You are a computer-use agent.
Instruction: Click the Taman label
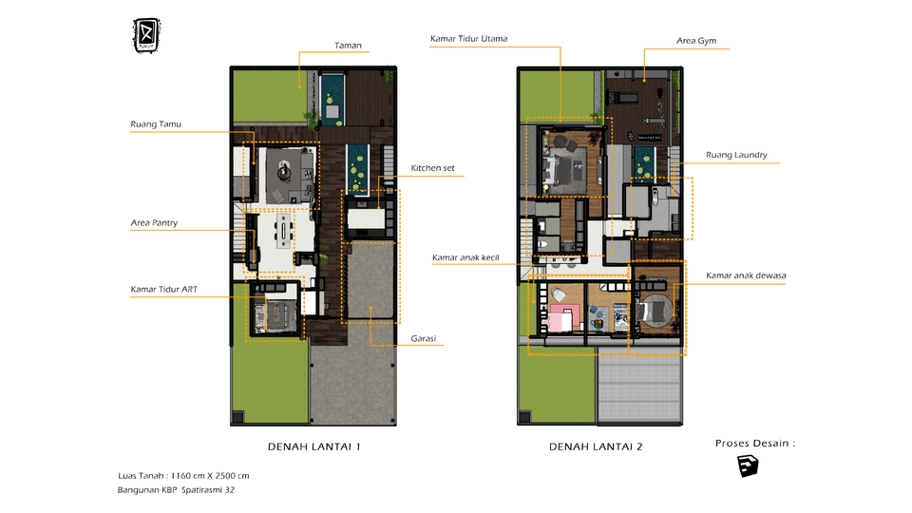[348, 45]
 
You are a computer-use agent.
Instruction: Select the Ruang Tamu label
[156, 124]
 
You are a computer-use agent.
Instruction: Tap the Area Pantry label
[154, 223]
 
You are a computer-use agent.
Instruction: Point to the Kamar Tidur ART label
[163, 289]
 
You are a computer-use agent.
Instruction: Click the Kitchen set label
[432, 168]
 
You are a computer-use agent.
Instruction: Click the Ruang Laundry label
[736, 155]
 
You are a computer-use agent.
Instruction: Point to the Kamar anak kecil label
[465, 257]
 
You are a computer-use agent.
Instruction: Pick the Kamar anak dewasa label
[746, 276]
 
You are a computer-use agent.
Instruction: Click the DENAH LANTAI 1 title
[314, 446]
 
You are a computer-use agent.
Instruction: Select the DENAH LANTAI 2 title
[596, 446]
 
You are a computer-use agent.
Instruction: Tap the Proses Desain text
[754, 444]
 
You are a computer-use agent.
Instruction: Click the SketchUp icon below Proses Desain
[749, 466]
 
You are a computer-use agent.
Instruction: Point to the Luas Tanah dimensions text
[183, 475]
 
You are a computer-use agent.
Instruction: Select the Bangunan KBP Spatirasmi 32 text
[176, 490]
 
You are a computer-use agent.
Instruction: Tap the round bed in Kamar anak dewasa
[653, 310]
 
